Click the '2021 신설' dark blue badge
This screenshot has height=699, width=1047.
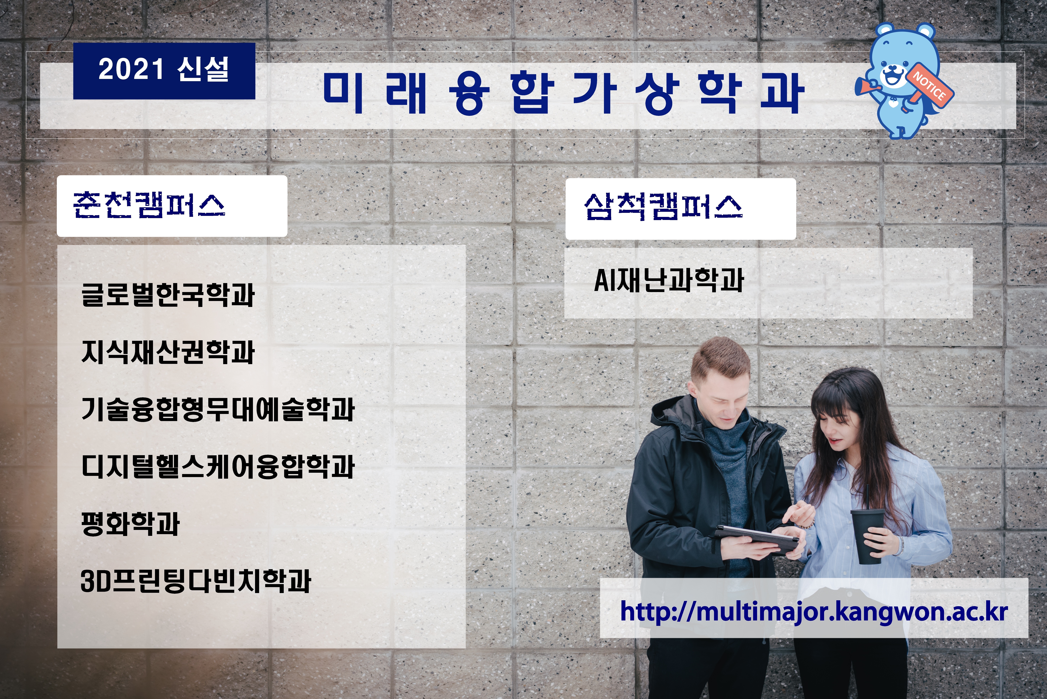point(164,71)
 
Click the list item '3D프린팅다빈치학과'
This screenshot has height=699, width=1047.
point(196,581)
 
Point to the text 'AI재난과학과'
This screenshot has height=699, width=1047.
point(669,280)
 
